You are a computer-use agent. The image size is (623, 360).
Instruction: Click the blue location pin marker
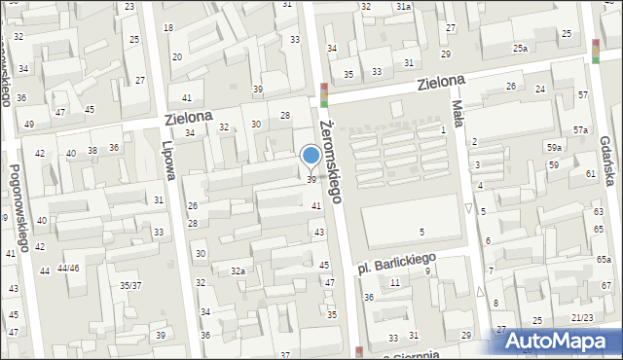[x=311, y=157]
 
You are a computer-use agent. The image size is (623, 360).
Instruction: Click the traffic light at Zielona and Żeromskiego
[x=324, y=94]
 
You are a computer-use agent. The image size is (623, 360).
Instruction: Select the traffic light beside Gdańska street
[x=595, y=51]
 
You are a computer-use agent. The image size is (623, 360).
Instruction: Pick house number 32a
[x=237, y=270]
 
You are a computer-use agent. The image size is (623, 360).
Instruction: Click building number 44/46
[x=68, y=268]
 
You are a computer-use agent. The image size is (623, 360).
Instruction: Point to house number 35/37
[x=129, y=285]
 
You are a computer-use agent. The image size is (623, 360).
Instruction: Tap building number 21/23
[x=582, y=317]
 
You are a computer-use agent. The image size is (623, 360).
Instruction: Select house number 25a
[x=521, y=48]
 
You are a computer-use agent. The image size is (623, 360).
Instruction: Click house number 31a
[x=403, y=7]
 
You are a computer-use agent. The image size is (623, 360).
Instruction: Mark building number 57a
[x=580, y=130]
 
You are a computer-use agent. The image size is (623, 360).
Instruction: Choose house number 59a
[x=554, y=147]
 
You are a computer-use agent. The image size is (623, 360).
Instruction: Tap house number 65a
[x=604, y=259]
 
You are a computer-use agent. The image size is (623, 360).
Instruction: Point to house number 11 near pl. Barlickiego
[x=394, y=282]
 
